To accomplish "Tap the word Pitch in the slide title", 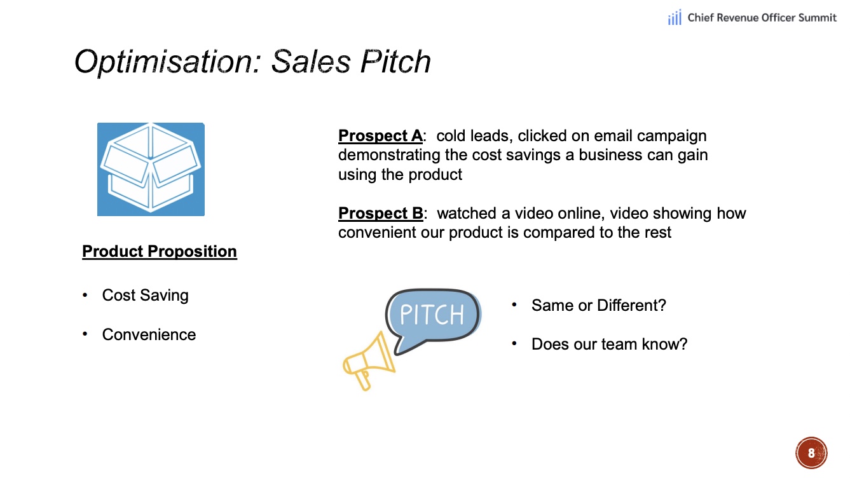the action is pos(395,61).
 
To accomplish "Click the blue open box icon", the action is pos(151,169).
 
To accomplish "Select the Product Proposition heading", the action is pos(160,251).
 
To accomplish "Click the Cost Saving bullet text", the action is pos(146,295).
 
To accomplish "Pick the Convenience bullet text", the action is pos(149,334).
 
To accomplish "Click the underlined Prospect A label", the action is pos(381,135).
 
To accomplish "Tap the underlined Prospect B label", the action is pos(381,213).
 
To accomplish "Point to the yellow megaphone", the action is pos(369,361).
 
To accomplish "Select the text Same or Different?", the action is pos(599,305).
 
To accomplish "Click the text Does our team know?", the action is pos(610,344).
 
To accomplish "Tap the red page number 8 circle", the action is pos(811,453).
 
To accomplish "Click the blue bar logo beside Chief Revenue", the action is pos(675,17).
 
